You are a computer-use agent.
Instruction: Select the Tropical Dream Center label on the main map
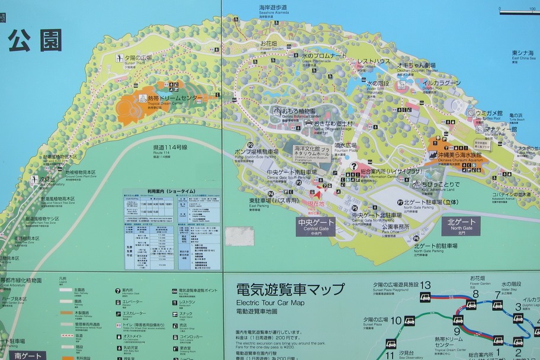[171, 99]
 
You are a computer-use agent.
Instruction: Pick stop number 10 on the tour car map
[396, 321]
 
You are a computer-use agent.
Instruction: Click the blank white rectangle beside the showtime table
[239, 236]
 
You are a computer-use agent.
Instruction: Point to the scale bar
[519, 11]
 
